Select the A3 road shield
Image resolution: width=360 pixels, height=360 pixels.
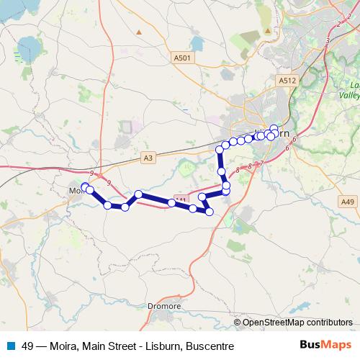[x=148, y=157]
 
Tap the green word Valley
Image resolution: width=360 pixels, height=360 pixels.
[x=351, y=94]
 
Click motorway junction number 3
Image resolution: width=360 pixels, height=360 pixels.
[x=328, y=41]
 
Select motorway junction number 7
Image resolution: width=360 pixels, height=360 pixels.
[x=261, y=163]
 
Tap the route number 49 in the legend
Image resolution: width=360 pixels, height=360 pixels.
[x=28, y=346]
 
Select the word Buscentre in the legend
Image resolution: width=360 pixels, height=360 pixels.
[x=210, y=346]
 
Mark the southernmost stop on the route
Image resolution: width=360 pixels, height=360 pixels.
[x=210, y=212]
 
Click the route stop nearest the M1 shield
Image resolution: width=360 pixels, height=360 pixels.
[x=172, y=203]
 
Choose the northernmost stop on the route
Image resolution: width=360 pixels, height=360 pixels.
[x=274, y=129]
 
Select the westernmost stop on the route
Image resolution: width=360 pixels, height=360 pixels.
[x=85, y=187]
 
